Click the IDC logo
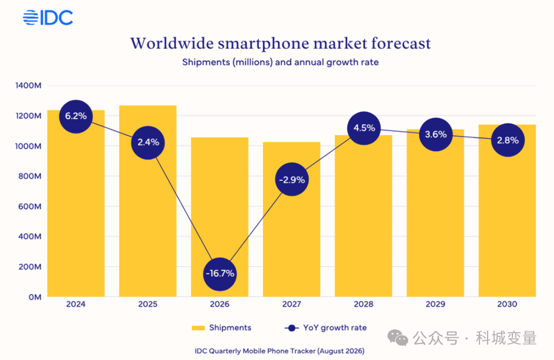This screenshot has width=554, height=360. coord(48,18)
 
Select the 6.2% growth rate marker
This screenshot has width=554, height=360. coord(76,116)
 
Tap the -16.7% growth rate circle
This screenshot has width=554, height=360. coord(220,274)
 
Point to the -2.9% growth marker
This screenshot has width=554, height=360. coord(292,180)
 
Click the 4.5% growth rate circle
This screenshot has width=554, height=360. coord(364,128)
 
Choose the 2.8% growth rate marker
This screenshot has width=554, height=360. coord(508,140)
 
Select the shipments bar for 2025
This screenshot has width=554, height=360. coord(148,201)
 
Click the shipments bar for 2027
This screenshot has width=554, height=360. coord(292,219)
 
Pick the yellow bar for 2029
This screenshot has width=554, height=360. coord(435,213)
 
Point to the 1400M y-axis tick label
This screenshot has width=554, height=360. coord(28,85)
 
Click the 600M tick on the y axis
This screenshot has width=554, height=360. coord(30,207)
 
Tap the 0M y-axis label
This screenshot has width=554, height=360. coord(35,297)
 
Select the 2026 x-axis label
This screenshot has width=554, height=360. coord(220,304)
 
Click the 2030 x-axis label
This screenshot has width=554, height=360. coord(507,304)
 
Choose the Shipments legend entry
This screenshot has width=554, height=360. coord(222,328)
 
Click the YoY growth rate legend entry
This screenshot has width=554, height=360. coord(325,328)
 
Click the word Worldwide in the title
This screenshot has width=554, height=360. coord(172,43)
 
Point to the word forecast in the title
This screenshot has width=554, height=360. coord(401,43)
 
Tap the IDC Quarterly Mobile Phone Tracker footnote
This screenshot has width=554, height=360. coord(279,351)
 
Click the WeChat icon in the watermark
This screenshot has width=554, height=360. coord(398,338)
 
